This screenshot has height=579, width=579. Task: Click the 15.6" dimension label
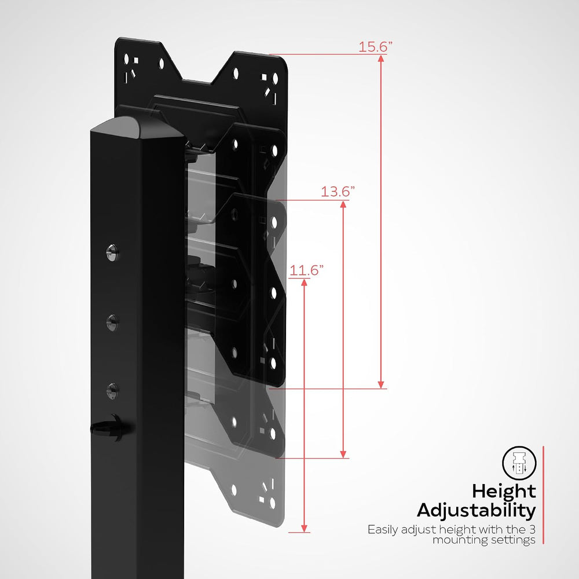(x=375, y=47)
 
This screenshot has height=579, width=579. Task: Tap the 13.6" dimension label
(x=338, y=192)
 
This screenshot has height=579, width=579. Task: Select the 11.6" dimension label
(x=306, y=270)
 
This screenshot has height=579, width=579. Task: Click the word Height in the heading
(x=504, y=492)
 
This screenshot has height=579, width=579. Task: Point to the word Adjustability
(x=477, y=511)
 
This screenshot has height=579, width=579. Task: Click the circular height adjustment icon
(x=519, y=463)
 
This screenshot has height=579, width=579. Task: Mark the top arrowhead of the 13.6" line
(x=343, y=204)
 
